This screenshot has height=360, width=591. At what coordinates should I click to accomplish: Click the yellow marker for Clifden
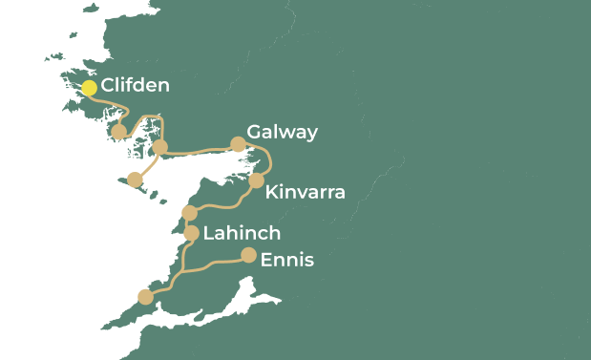click(89, 88)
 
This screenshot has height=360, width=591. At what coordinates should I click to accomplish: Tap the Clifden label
click(136, 86)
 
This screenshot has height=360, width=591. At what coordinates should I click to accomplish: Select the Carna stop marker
click(119, 132)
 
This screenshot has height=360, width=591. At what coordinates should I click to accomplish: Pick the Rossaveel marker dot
click(160, 146)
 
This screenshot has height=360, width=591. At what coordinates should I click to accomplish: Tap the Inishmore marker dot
click(135, 180)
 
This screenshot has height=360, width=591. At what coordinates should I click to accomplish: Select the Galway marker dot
click(238, 144)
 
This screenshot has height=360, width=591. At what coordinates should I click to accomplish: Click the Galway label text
click(282, 132)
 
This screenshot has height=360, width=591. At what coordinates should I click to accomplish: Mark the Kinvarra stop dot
click(256, 180)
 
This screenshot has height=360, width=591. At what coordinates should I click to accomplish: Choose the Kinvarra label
click(305, 193)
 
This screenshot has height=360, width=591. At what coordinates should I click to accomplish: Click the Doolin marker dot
click(189, 212)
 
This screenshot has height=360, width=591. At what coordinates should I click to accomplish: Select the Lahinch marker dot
click(191, 233)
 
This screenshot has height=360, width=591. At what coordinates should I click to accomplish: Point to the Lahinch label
click(242, 233)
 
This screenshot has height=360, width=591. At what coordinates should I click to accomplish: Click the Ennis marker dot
click(248, 255)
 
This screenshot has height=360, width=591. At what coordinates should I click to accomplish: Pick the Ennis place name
click(286, 260)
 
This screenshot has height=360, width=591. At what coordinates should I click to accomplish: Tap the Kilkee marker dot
click(145, 297)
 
